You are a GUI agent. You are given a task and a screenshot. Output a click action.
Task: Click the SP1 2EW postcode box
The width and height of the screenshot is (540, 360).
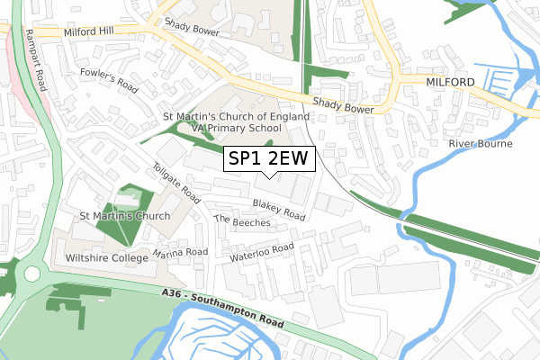[x=269, y=158]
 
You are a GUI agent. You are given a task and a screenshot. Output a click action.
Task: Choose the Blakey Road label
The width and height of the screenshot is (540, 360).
[x=279, y=210]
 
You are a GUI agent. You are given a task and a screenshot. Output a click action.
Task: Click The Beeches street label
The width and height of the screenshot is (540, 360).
[x=242, y=222]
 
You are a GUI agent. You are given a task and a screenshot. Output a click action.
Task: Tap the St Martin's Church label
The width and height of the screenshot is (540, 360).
[x=124, y=217]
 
